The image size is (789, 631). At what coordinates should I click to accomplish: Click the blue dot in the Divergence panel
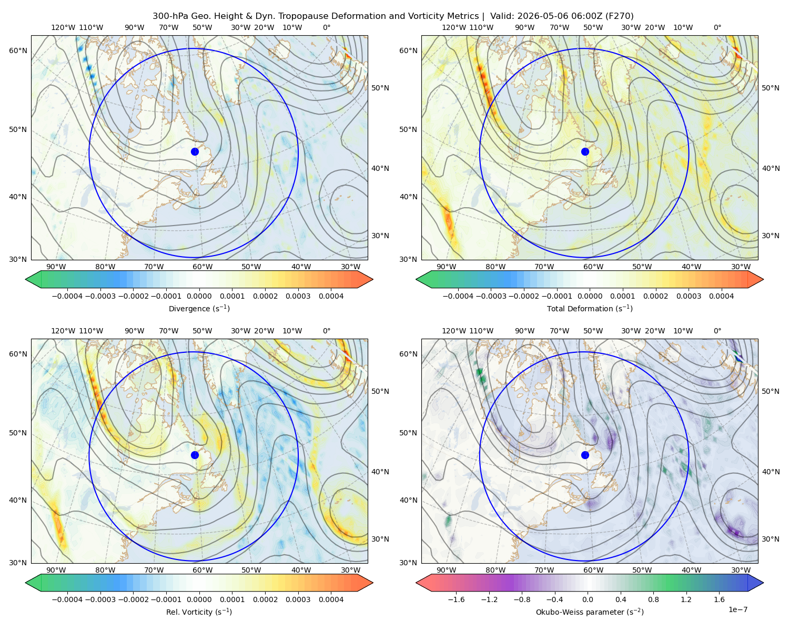tap(195, 151)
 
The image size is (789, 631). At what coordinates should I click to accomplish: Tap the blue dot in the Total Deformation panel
tap(585, 151)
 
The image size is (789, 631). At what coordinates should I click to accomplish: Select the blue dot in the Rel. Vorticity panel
tap(195, 455)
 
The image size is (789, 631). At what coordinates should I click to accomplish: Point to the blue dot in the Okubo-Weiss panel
tap(585, 455)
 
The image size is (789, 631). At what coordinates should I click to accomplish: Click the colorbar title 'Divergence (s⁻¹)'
tap(199, 308)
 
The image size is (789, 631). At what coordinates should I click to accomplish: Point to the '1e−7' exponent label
tap(737, 609)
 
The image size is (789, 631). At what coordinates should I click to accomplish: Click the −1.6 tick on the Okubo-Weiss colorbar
tap(456, 599)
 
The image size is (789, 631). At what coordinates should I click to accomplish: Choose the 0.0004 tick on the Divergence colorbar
tap(331, 296)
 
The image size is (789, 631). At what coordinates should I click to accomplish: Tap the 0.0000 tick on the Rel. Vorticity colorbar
tap(199, 599)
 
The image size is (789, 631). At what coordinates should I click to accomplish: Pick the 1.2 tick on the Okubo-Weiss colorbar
tap(686, 599)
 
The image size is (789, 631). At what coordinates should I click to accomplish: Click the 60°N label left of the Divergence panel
tap(18, 50)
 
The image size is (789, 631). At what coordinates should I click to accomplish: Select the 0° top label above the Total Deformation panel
tap(717, 27)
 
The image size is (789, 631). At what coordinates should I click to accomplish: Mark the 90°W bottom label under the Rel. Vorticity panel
tap(56, 570)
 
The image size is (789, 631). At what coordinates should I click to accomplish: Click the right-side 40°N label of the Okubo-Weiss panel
tap(771, 472)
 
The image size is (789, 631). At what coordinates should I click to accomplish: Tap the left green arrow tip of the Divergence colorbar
tap(26, 279)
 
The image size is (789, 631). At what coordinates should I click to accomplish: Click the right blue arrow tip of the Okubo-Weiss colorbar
tap(763, 583)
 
